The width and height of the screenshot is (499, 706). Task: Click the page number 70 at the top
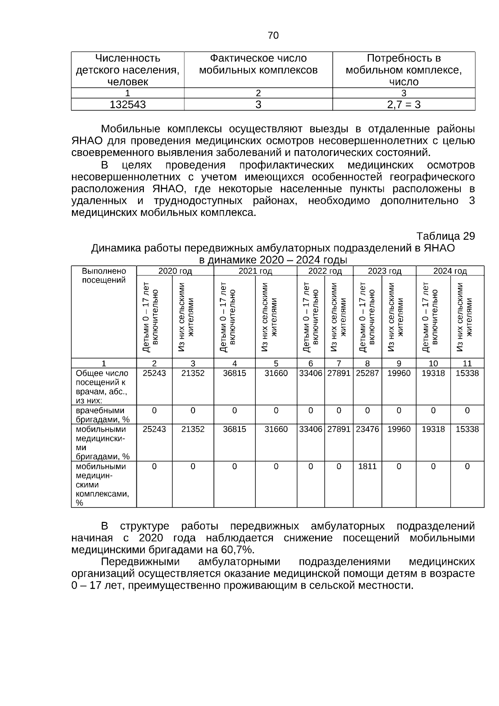(273, 35)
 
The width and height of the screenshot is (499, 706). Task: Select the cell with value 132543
(127, 105)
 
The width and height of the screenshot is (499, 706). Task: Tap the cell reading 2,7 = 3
(403, 105)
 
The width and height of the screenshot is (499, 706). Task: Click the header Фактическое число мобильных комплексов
(258, 64)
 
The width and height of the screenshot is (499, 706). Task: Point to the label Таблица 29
(445, 236)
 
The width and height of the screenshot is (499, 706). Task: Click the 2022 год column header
(325, 271)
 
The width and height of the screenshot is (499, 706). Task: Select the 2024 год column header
(450, 271)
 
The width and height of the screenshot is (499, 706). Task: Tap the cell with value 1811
(367, 466)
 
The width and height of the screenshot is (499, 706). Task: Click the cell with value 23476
(367, 429)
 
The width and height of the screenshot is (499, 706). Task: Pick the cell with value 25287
(367, 373)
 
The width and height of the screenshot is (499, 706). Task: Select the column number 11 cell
(467, 363)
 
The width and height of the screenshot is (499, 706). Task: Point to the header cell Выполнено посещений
(104, 275)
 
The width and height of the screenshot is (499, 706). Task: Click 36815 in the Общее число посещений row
(234, 373)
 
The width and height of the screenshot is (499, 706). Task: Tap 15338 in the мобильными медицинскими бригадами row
(467, 429)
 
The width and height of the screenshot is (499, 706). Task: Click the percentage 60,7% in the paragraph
(237, 550)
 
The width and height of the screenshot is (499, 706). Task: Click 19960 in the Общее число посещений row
(398, 373)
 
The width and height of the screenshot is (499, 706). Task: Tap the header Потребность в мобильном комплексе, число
(403, 70)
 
